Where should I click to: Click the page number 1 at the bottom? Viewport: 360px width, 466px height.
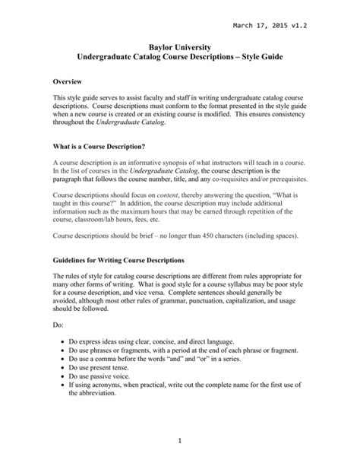[x=180, y=440]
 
